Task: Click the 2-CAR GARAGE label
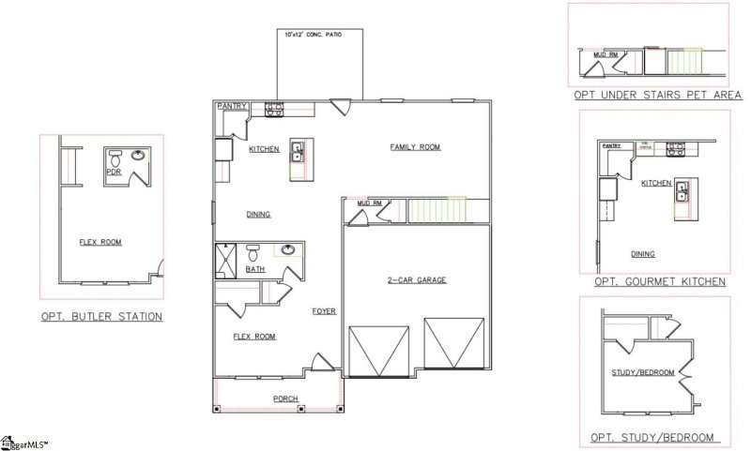tap(417, 280)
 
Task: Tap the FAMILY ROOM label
tap(416, 147)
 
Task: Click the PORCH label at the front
tap(285, 398)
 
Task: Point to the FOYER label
tap(324, 311)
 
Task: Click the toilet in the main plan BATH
tap(253, 252)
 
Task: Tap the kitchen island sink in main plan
tap(297, 152)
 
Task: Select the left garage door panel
tap(379, 352)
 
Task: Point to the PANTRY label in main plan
tap(232, 106)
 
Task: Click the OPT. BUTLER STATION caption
tap(101, 317)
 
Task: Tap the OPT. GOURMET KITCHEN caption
tap(660, 281)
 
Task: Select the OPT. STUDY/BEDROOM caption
tap(651, 438)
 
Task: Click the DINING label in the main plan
tap(258, 215)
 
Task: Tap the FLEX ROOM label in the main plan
tap(253, 336)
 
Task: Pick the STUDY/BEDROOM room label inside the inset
tap(645, 372)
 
